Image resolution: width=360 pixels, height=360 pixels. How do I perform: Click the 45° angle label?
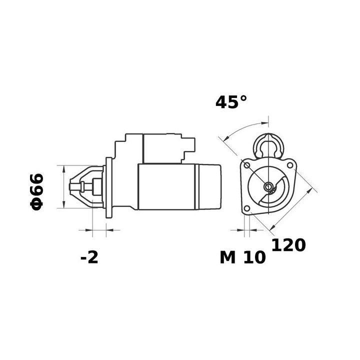(x=231, y=102)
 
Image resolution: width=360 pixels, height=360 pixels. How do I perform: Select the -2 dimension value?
(x=89, y=257)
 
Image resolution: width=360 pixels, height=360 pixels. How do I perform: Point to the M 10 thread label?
(x=242, y=257)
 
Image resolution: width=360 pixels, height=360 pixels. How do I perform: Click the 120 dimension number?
(x=288, y=245)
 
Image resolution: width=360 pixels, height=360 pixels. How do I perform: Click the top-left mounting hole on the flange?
(x=246, y=165)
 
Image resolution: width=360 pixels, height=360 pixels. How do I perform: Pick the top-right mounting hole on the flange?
(x=289, y=164)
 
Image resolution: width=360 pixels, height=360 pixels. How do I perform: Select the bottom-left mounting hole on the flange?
(x=246, y=209)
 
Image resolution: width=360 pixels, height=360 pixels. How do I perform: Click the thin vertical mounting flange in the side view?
(x=107, y=187)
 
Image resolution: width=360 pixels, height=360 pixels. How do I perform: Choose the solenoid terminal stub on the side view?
(x=191, y=145)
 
